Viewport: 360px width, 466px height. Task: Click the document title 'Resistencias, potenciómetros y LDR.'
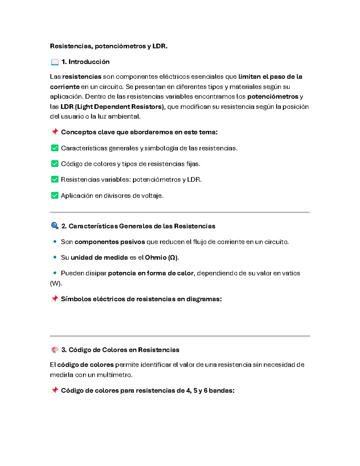point(109,46)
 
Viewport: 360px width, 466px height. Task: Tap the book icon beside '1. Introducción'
point(55,62)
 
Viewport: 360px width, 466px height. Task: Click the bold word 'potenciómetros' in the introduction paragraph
point(272,97)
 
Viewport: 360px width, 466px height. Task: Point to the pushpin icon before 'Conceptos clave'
point(55,132)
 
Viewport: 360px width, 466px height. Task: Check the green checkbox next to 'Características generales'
point(55,148)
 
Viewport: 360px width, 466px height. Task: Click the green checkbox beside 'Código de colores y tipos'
point(55,164)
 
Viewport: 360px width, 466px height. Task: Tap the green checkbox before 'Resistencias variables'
point(55,179)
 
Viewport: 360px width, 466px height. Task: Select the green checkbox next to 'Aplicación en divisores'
point(55,196)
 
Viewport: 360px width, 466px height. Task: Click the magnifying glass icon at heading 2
point(55,226)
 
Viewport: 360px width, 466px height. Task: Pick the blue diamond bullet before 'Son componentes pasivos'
point(55,242)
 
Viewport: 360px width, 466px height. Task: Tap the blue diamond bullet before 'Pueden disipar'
point(55,273)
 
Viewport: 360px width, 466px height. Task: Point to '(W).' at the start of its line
point(56,283)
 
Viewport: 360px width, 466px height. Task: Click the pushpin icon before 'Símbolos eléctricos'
point(55,299)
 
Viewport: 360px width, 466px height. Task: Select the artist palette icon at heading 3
point(55,350)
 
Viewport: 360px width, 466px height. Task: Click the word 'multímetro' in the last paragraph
point(117,375)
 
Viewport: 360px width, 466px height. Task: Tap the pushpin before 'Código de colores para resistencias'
point(55,390)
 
